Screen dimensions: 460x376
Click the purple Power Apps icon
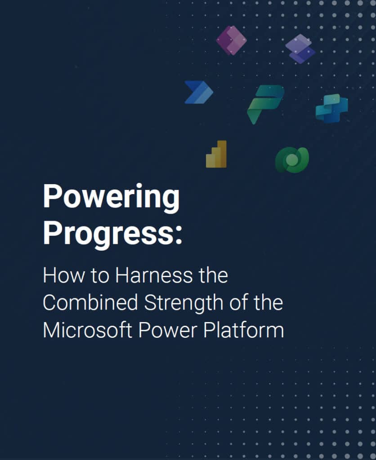click(x=231, y=40)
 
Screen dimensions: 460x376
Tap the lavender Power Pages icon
click(x=300, y=49)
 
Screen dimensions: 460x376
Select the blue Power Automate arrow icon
click(x=198, y=92)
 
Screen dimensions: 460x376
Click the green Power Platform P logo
click(x=265, y=103)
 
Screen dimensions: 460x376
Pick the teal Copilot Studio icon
click(x=331, y=108)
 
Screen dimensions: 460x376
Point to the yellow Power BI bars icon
click(x=216, y=155)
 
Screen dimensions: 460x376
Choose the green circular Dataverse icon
click(x=292, y=159)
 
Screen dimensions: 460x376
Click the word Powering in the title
click(x=111, y=198)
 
